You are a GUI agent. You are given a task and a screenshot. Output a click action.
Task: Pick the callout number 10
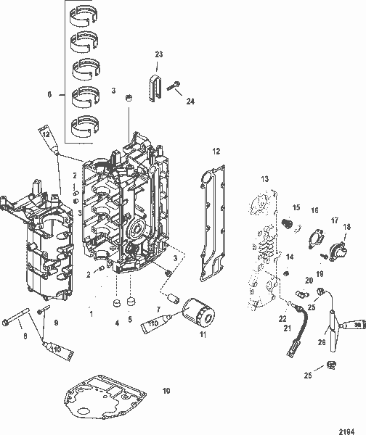[166, 391]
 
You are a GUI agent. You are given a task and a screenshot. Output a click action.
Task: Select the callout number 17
[335, 220]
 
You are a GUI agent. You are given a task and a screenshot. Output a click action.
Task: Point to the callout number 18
[346, 228]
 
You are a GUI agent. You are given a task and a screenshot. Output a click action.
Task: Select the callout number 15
[296, 207]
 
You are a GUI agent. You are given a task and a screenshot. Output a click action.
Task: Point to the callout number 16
[314, 210]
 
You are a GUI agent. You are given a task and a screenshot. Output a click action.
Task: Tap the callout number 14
[289, 257]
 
